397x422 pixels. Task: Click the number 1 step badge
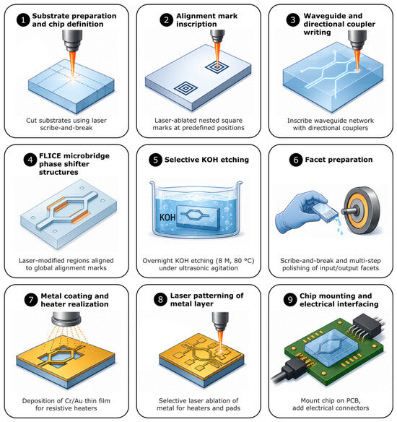click(23, 20)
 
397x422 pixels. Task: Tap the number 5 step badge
click(155, 160)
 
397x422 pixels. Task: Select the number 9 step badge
click(290, 300)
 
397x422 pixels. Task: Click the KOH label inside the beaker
click(167, 218)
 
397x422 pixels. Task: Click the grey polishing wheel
click(362, 210)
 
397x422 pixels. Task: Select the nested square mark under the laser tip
click(217, 66)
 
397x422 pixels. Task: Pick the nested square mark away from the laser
click(186, 87)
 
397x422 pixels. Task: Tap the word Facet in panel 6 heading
click(315, 160)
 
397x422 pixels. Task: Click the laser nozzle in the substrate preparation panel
click(72, 40)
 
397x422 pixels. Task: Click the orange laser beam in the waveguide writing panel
click(357, 60)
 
